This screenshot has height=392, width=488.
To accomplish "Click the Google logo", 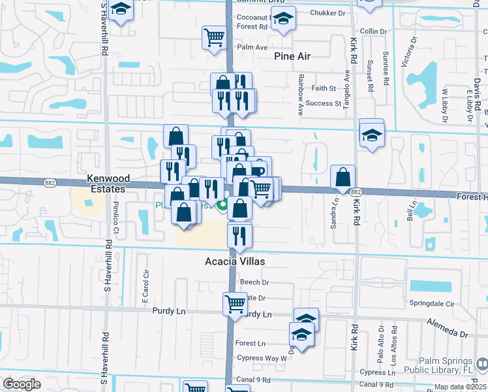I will pyautogui.click(x=22, y=384).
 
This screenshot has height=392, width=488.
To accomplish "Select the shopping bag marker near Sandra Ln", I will pyautogui.click(x=343, y=176).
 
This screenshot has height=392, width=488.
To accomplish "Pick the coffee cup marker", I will pyautogui.click(x=259, y=169).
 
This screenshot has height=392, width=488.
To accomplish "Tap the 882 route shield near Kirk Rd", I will pyautogui.click(x=355, y=191).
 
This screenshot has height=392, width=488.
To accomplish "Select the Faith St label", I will pyautogui.click(x=324, y=88).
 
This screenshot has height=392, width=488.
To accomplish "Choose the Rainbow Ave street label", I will pyautogui.click(x=301, y=86).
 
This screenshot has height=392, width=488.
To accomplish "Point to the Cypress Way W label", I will pyautogui.click(x=262, y=358).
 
